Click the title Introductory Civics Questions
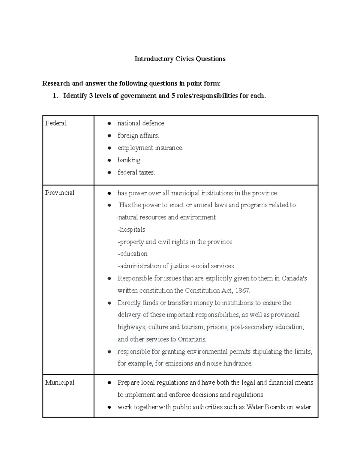click(180, 59)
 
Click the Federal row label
click(56, 123)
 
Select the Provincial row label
click(60, 193)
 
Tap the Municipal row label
click(60, 383)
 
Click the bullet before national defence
click(110, 124)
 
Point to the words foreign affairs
click(138, 136)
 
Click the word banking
click(129, 160)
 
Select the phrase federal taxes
click(136, 173)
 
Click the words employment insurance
click(150, 148)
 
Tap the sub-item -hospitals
click(131, 230)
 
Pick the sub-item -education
click(133, 254)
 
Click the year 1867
click(242, 290)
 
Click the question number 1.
click(55, 96)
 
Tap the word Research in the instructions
click(56, 83)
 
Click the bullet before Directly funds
click(110, 303)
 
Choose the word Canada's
click(294, 278)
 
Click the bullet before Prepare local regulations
click(110, 383)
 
